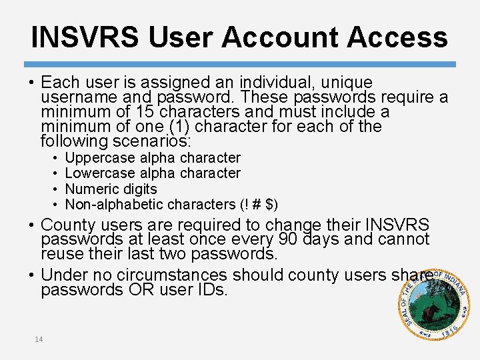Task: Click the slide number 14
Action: (39, 339)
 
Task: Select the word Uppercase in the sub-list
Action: (100, 158)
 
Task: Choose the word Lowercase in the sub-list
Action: (101, 173)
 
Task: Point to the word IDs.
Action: (211, 291)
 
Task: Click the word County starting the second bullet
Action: (71, 225)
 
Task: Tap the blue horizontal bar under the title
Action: (239, 64)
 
